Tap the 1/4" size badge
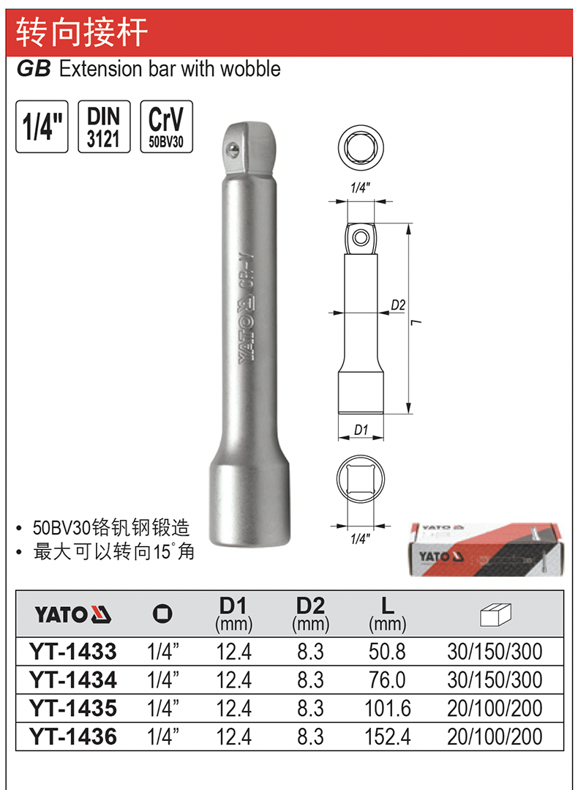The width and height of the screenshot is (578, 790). pos(42,127)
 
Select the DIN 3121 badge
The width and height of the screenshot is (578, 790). pos(104,127)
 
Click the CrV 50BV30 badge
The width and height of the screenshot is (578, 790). pos(166,127)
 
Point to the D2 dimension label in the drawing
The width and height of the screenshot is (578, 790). pos(398,305)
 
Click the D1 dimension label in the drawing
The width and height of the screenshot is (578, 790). pos(361,430)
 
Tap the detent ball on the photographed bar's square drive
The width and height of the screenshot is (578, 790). pos(232,148)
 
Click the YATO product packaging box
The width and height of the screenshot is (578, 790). pos(484,549)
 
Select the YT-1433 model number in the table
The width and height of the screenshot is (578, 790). pos(73,652)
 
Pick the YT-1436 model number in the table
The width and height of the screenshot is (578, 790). pos(73,737)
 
